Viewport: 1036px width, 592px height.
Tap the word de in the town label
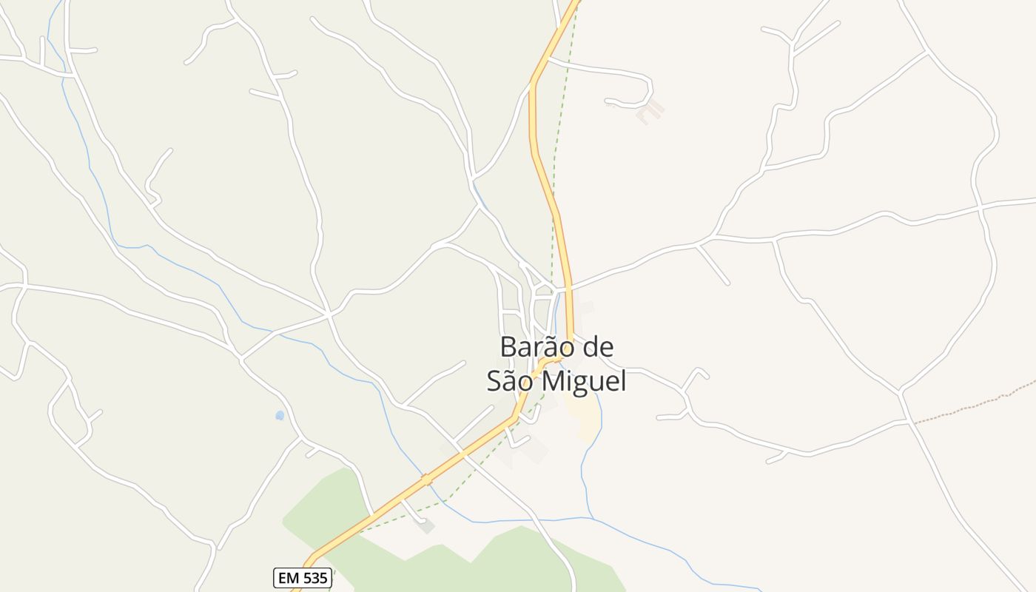point(599,347)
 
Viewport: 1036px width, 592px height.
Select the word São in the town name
point(511,381)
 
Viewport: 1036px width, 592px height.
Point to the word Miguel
point(585,382)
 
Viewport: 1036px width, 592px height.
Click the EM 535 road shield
point(302,578)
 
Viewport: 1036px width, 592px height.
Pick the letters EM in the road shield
point(288,578)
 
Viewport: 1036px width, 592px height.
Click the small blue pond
point(280,416)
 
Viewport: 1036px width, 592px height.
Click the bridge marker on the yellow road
point(426,480)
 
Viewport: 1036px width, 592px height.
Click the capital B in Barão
point(508,347)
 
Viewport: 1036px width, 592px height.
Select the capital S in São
point(494,381)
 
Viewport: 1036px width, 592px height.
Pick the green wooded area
point(333,503)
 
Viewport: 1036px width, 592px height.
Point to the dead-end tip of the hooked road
point(607,101)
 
